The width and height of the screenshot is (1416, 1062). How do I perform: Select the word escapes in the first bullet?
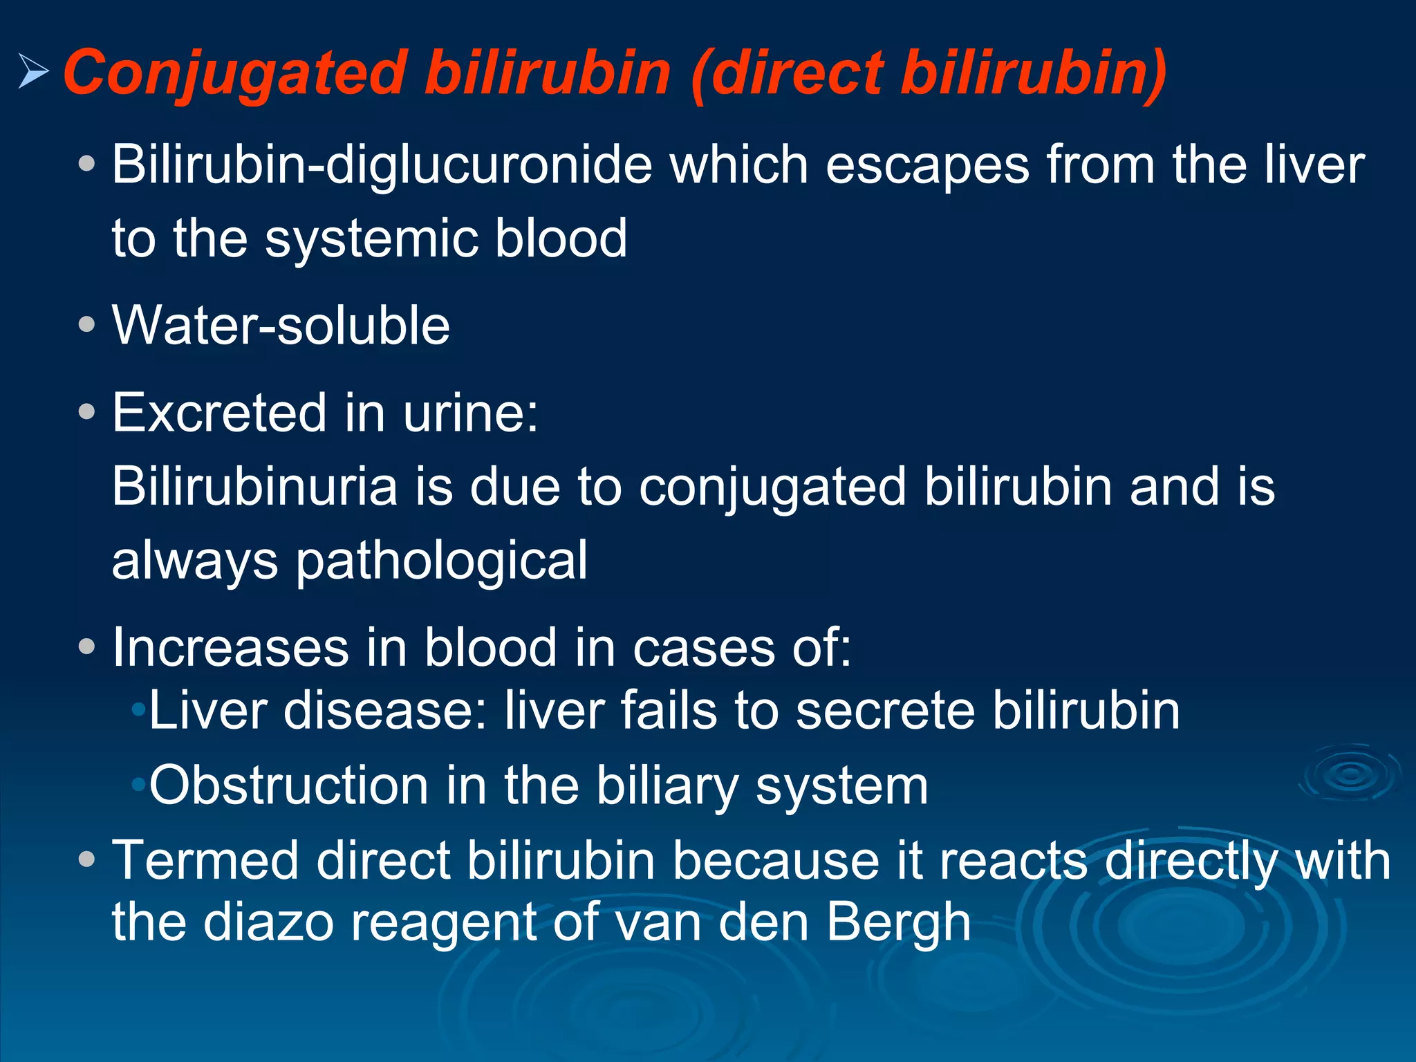pos(926,166)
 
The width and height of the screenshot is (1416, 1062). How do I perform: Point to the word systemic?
pos(372,239)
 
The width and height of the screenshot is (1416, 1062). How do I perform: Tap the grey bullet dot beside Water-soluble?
pos(86,324)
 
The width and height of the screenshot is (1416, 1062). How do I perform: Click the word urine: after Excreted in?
pos(470,413)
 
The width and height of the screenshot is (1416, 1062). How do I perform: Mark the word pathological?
pos(442,561)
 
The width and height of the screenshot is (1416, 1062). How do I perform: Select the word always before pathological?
pos(195,561)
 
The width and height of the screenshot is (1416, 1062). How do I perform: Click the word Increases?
pos(231,649)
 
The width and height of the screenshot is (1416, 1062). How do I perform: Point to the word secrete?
pos(885,711)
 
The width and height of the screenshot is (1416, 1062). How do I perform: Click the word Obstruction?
pos(289,786)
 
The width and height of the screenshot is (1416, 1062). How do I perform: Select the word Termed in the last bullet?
pos(205,861)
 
